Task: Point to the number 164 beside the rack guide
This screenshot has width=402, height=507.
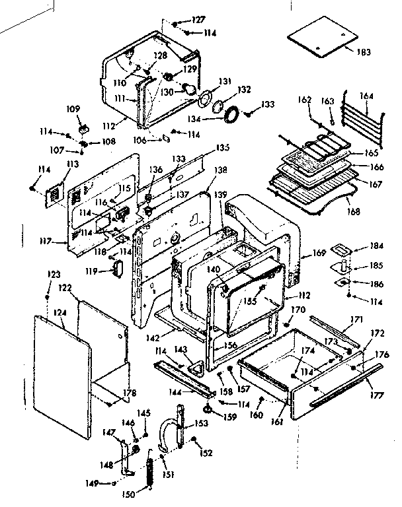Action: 366,96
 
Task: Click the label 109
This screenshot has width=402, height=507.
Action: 73,108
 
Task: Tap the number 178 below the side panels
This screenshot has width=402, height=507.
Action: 130,393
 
